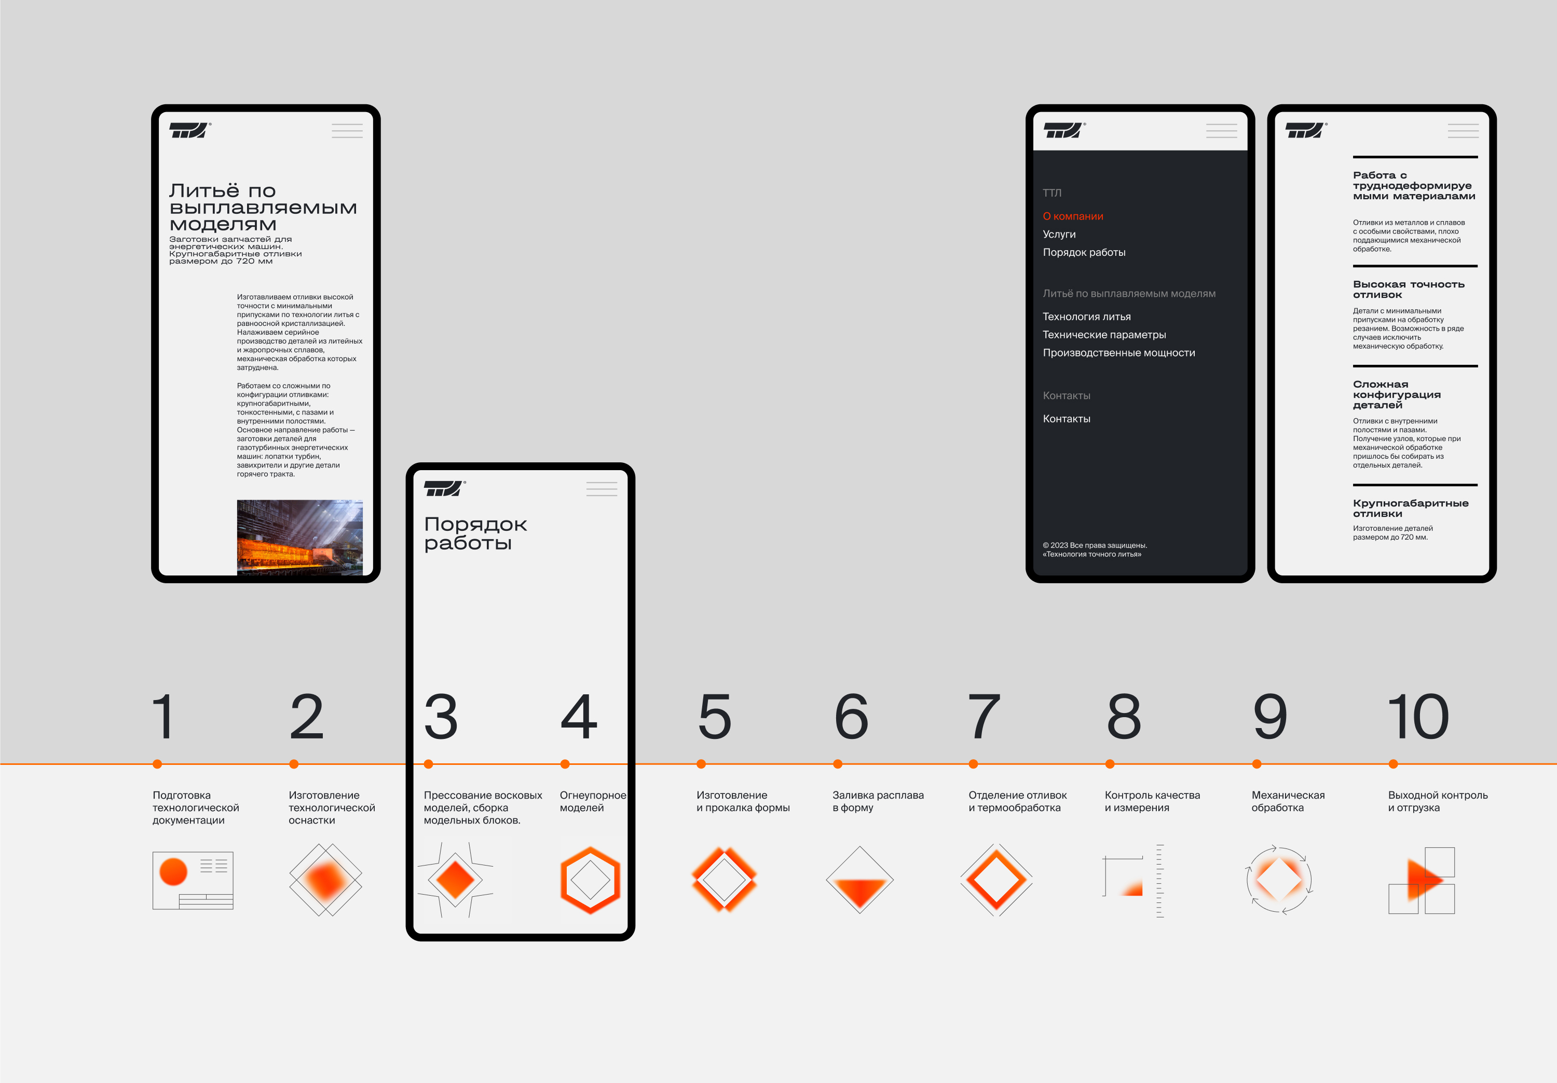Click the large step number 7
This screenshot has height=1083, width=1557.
(984, 716)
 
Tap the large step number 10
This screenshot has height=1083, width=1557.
(1418, 716)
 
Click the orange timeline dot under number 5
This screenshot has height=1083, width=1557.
(701, 764)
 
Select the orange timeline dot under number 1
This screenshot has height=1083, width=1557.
(157, 764)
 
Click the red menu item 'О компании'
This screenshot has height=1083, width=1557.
(1073, 216)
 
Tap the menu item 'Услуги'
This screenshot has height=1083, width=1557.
(1059, 235)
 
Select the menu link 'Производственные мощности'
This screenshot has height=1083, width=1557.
(1119, 353)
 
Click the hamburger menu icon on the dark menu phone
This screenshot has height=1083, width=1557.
(1221, 131)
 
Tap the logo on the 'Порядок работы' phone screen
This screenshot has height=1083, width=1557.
(444, 488)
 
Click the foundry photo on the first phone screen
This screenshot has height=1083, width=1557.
(300, 538)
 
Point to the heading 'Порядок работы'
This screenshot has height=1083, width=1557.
(475, 533)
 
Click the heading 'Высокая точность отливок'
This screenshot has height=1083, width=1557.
(1409, 290)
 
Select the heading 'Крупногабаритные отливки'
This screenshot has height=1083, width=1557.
(1411, 509)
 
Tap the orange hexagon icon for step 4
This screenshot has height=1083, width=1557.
(591, 880)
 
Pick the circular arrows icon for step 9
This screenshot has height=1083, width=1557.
(1279, 880)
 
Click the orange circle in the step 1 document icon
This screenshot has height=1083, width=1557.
(173, 871)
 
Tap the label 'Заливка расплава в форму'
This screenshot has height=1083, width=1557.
(878, 801)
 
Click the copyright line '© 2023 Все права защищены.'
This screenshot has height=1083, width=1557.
(1095, 545)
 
